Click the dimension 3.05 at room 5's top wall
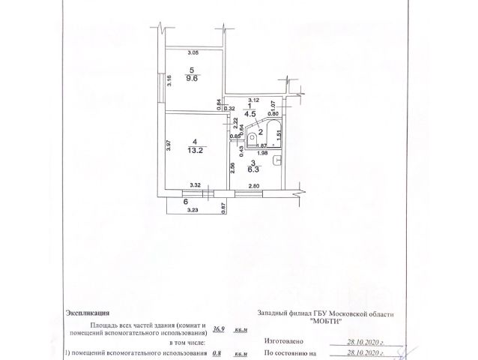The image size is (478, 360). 193,52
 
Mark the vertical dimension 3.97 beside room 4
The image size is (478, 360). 169,145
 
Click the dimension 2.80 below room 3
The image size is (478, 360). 255,184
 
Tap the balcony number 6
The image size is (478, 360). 185,202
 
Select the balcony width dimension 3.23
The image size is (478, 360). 193,211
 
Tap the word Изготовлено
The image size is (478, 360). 281,338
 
